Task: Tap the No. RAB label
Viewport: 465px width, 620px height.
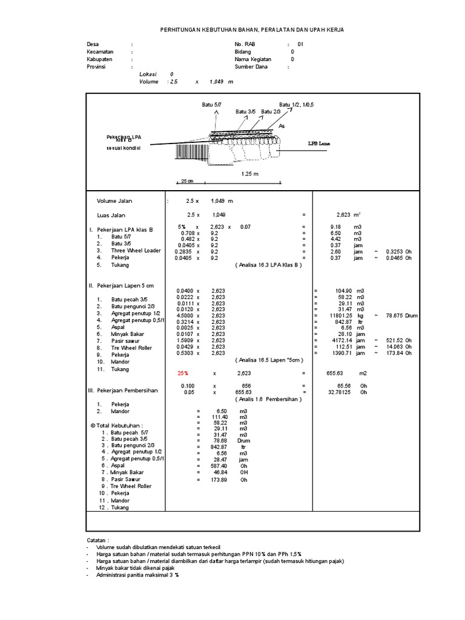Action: click(x=246, y=45)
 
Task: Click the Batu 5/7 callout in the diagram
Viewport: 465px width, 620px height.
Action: click(x=211, y=105)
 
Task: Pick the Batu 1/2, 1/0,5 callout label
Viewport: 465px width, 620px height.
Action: click(x=296, y=105)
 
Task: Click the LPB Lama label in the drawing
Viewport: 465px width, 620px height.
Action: click(x=318, y=143)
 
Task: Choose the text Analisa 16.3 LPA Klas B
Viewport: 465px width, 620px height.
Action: click(x=268, y=265)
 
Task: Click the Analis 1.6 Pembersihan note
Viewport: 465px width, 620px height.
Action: click(x=268, y=400)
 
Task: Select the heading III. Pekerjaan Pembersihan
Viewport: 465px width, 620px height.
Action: click(x=123, y=391)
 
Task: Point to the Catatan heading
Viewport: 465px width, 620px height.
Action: click(x=97, y=539)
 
